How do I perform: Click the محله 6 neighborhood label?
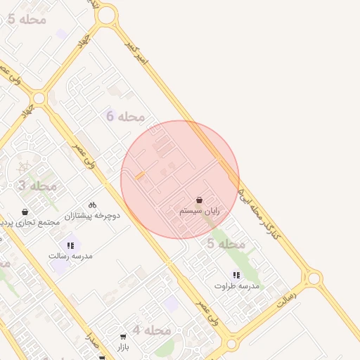125,116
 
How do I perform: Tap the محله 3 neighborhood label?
37,186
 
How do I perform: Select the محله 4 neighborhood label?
152,330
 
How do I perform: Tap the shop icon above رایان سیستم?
199,200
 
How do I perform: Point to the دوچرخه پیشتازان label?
93,215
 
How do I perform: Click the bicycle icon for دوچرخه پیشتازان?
93,204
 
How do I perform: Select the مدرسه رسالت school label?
70,256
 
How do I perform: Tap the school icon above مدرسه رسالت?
70,245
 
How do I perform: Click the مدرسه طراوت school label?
236,286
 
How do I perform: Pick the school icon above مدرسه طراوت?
236,275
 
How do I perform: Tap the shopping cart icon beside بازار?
123,337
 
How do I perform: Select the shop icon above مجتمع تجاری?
25,212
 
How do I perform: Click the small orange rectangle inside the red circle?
140,175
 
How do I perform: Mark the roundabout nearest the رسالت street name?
314,278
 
